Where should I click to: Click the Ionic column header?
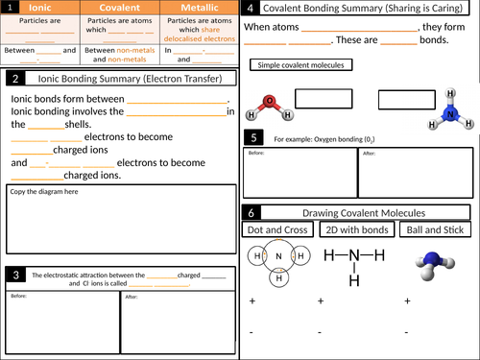coord(40,8)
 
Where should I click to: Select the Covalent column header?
coord(120,8)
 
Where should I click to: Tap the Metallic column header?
coord(198,8)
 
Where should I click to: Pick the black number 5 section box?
coord(252,138)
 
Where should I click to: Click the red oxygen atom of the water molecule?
coord(272,100)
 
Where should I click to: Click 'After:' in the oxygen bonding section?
coord(368,153)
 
